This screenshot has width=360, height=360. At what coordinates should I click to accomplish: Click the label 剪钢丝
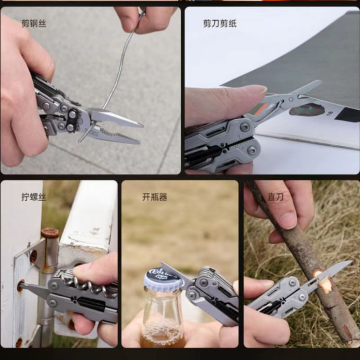click(34, 23)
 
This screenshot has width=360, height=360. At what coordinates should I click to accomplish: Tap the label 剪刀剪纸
click(220, 23)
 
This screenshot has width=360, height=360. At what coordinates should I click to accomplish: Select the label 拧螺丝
click(34, 197)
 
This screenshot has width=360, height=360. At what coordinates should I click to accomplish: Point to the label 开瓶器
click(154, 197)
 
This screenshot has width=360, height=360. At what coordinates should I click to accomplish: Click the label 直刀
click(275, 197)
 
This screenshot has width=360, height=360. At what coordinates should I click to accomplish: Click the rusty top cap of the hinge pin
click(50, 233)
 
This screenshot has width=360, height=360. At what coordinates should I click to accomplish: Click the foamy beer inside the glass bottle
click(162, 334)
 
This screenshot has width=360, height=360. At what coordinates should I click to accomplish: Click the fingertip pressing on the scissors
click(257, 91)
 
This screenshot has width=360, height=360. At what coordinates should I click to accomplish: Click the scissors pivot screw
click(291, 99)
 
